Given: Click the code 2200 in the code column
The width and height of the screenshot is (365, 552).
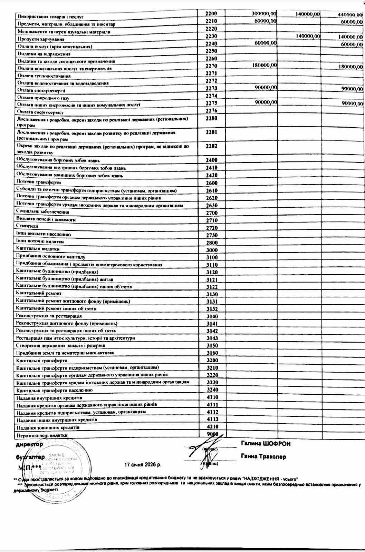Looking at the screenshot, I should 211,13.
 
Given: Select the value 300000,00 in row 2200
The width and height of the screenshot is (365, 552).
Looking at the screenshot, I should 264,13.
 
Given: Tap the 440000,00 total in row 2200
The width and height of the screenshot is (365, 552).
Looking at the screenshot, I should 350,14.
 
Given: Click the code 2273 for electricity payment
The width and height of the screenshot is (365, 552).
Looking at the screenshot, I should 211,88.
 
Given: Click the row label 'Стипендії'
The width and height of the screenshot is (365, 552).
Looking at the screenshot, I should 27,226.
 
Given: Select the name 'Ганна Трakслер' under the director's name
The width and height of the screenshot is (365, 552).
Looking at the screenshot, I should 263,457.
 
